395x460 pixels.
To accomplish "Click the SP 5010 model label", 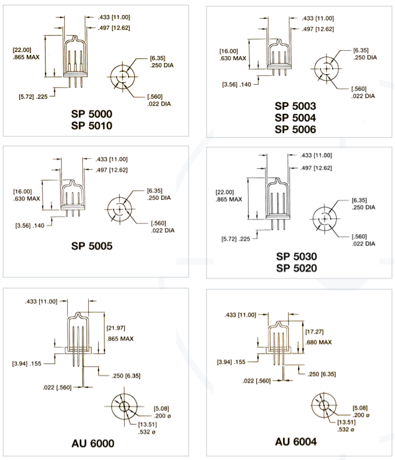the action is (x=92, y=126).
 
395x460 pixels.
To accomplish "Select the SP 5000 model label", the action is (x=92, y=114).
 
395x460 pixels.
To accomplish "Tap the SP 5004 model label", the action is (x=295, y=118).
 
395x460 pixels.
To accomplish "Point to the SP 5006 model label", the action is (x=295, y=130).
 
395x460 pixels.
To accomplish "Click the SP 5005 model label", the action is (x=92, y=246).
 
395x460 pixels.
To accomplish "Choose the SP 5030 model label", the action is (x=296, y=256).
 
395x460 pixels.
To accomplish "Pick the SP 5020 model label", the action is (x=296, y=268).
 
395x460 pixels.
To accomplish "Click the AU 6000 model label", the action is (x=93, y=443).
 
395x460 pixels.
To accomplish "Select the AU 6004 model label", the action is (x=296, y=441).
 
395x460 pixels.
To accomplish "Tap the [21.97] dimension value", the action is (x=116, y=327).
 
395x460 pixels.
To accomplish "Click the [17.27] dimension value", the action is (x=314, y=332).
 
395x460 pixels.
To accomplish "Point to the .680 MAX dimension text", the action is (x=319, y=342).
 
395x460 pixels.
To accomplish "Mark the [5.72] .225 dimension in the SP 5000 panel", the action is (x=33, y=96).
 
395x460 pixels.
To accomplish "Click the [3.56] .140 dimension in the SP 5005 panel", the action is (x=30, y=225).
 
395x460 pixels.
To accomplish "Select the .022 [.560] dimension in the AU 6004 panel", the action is (x=257, y=381).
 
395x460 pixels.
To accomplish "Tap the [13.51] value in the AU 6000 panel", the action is (x=148, y=424).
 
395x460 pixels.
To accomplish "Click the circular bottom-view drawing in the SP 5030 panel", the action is (x=324, y=218).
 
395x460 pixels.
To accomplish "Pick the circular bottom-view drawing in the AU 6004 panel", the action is (x=324, y=406).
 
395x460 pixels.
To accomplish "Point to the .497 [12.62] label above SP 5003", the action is (x=318, y=29).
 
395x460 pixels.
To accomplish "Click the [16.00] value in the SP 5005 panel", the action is (x=22, y=191).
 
